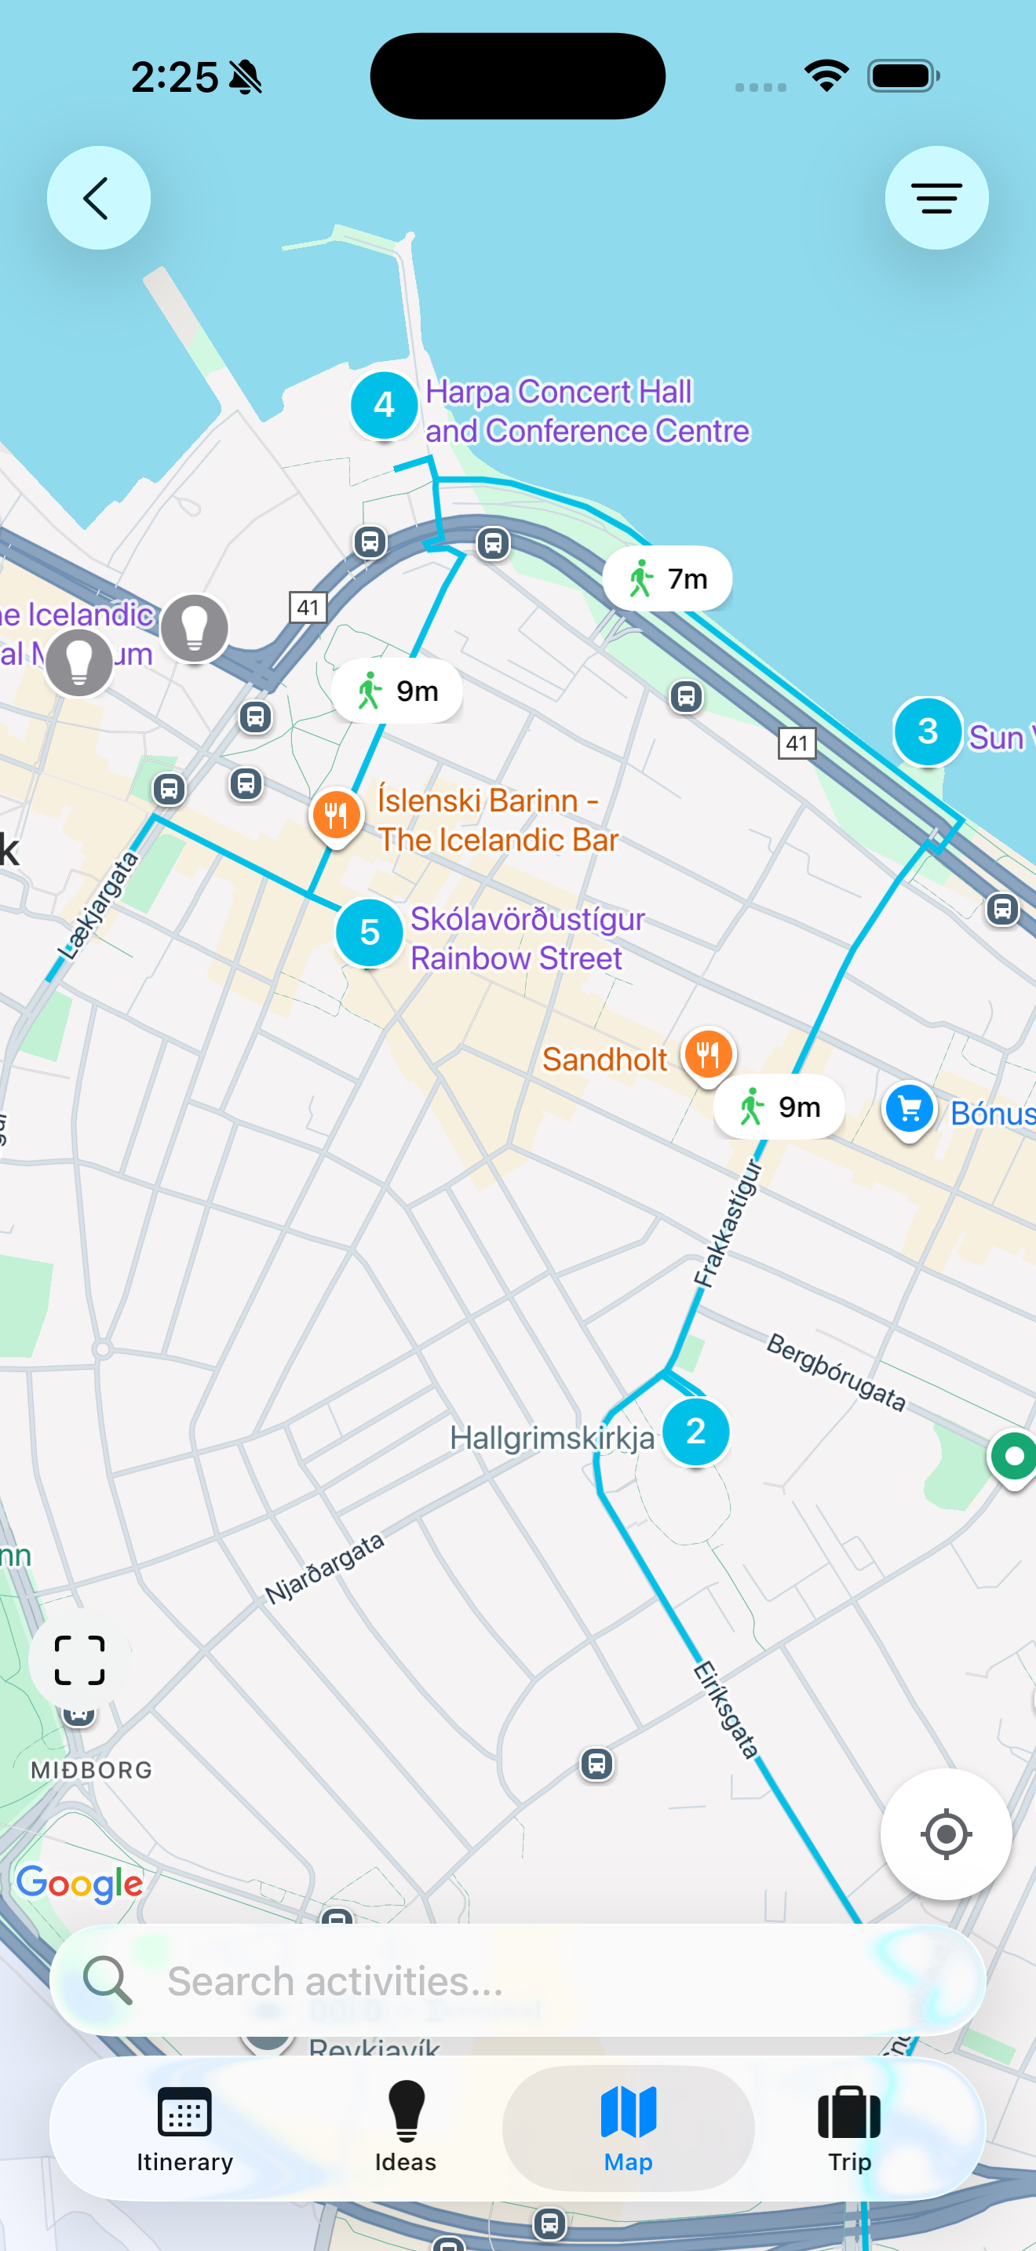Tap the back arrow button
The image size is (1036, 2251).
(x=98, y=199)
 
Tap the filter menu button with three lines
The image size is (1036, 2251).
(x=936, y=199)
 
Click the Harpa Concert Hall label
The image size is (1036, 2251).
(x=586, y=411)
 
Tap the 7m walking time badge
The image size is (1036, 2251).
(x=667, y=578)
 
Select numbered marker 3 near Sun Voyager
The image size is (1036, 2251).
(x=927, y=731)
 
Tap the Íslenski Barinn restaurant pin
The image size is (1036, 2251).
(x=336, y=815)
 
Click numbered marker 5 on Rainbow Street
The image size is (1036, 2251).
(x=369, y=932)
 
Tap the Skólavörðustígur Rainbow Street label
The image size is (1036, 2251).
(x=527, y=939)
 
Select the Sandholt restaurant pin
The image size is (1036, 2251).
(x=708, y=1055)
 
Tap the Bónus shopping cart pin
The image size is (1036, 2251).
(x=909, y=1109)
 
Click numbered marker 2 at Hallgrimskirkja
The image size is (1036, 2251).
(x=695, y=1432)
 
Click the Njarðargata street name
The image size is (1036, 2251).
(x=325, y=1568)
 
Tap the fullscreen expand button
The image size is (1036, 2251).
(x=79, y=1660)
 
